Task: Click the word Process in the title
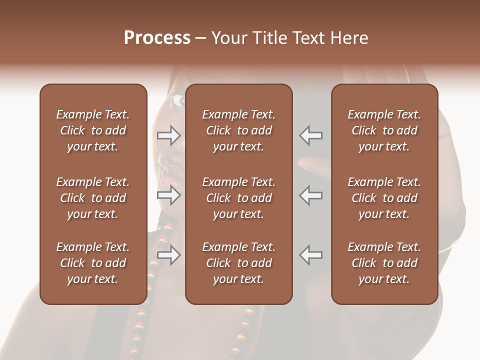(x=157, y=38)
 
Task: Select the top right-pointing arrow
(x=169, y=135)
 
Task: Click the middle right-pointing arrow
(x=169, y=195)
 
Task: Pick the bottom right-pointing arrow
(x=169, y=255)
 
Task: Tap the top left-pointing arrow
(x=310, y=135)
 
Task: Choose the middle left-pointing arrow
(x=310, y=195)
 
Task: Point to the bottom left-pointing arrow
(x=310, y=255)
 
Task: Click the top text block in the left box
(x=93, y=130)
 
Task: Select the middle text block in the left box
(x=93, y=198)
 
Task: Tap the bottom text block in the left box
(x=93, y=263)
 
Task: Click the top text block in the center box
(x=238, y=130)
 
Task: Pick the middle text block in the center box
(x=238, y=198)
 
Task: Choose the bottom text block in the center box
(x=238, y=263)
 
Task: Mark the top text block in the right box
(x=384, y=130)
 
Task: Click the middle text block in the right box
(x=384, y=198)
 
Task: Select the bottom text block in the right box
(x=384, y=263)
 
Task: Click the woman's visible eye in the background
(x=179, y=101)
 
